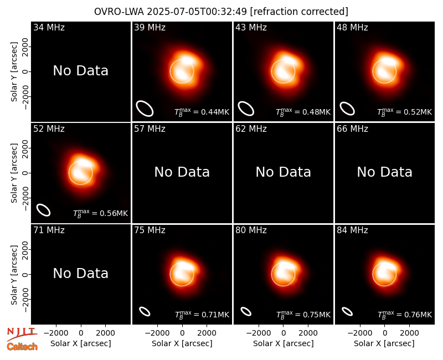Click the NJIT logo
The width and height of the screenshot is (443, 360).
coord(22,334)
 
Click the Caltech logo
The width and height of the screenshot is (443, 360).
coord(22,347)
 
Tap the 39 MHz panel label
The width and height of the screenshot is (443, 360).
coord(150,27)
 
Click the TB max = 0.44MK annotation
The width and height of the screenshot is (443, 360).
coord(202,112)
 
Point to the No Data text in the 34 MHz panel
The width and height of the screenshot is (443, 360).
coord(80,71)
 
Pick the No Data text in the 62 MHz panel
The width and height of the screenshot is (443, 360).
coord(283,172)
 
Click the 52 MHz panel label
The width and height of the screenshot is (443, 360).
coord(49,129)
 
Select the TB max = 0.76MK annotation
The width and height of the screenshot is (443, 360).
coord(405,315)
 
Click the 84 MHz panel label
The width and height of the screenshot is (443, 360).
coord(352,230)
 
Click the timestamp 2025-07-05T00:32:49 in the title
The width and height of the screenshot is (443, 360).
coord(197,12)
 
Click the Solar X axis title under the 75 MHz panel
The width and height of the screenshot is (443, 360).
coord(182,343)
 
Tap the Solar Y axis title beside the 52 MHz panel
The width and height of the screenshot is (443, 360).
coord(14,173)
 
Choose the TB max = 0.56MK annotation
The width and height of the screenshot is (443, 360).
coord(100,213)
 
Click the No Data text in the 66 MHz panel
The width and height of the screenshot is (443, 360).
coord(384,172)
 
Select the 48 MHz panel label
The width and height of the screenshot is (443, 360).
coord(352,27)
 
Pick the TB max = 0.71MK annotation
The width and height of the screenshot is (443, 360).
coord(202,315)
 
